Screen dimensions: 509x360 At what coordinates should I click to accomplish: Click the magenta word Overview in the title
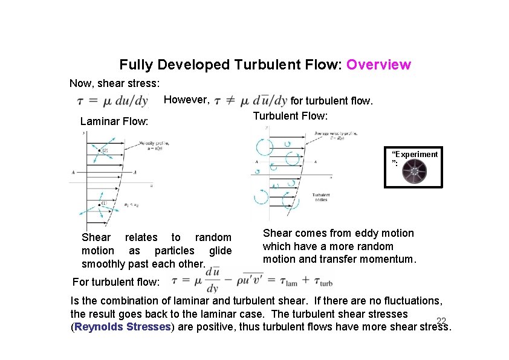pyautogui.click(x=379, y=65)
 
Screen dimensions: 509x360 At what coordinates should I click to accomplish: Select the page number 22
pyautogui.click(x=441, y=321)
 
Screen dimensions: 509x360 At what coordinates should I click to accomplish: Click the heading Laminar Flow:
pyautogui.click(x=114, y=121)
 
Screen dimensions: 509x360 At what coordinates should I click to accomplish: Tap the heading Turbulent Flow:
pyautogui.click(x=290, y=116)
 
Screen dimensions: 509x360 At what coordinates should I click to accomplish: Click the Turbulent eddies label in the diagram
pyautogui.click(x=320, y=197)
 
